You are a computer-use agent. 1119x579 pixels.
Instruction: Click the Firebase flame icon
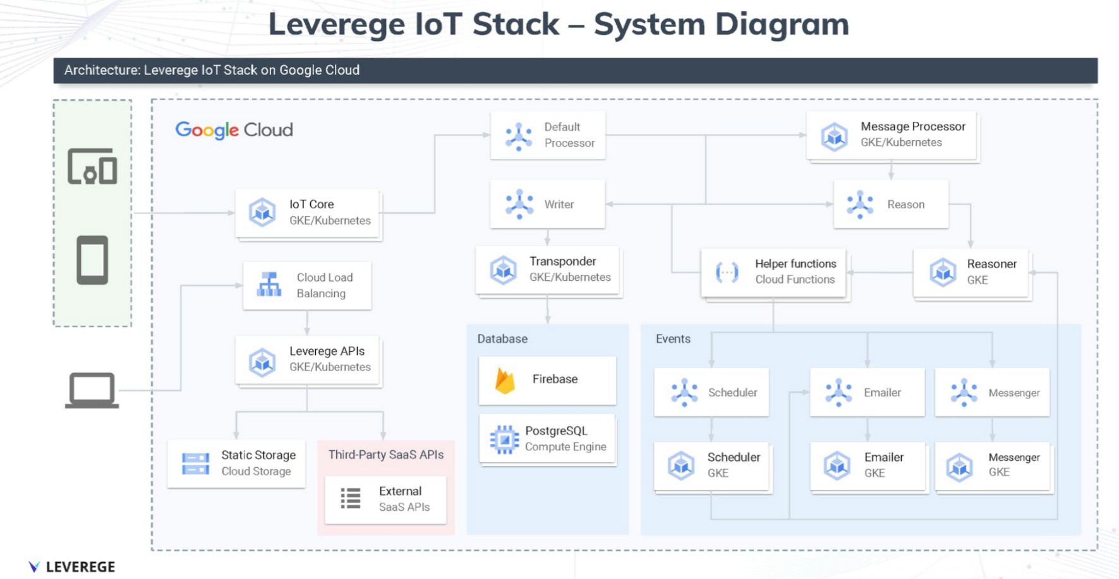tap(505, 380)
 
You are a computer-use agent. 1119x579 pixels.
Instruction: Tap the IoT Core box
tap(308, 213)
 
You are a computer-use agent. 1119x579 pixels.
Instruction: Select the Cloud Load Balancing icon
tap(269, 285)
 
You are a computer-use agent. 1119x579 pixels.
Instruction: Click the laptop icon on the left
tap(92, 390)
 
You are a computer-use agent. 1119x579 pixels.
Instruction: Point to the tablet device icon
tap(92, 260)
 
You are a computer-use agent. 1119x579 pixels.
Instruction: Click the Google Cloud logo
tap(234, 130)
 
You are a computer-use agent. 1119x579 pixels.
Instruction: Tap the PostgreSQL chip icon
tap(504, 439)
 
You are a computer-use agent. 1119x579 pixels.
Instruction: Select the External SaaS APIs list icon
tap(351, 499)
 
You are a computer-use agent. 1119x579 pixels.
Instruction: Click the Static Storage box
tap(236, 463)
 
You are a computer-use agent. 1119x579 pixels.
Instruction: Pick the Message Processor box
tap(891, 135)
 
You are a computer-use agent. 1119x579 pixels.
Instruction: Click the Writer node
tap(547, 205)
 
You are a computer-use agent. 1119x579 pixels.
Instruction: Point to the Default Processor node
tap(547, 135)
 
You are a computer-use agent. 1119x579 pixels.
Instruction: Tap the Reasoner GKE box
tap(971, 272)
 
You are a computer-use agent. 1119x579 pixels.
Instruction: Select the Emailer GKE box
tap(867, 465)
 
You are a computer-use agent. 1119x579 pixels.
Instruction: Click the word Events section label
tap(673, 339)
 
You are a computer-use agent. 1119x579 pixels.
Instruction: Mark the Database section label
tap(502, 339)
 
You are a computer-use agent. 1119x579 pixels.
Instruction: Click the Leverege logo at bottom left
tap(71, 566)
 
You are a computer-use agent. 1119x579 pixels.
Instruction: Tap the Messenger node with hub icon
tap(992, 393)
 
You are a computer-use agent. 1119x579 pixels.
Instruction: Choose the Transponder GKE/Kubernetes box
tap(548, 270)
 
